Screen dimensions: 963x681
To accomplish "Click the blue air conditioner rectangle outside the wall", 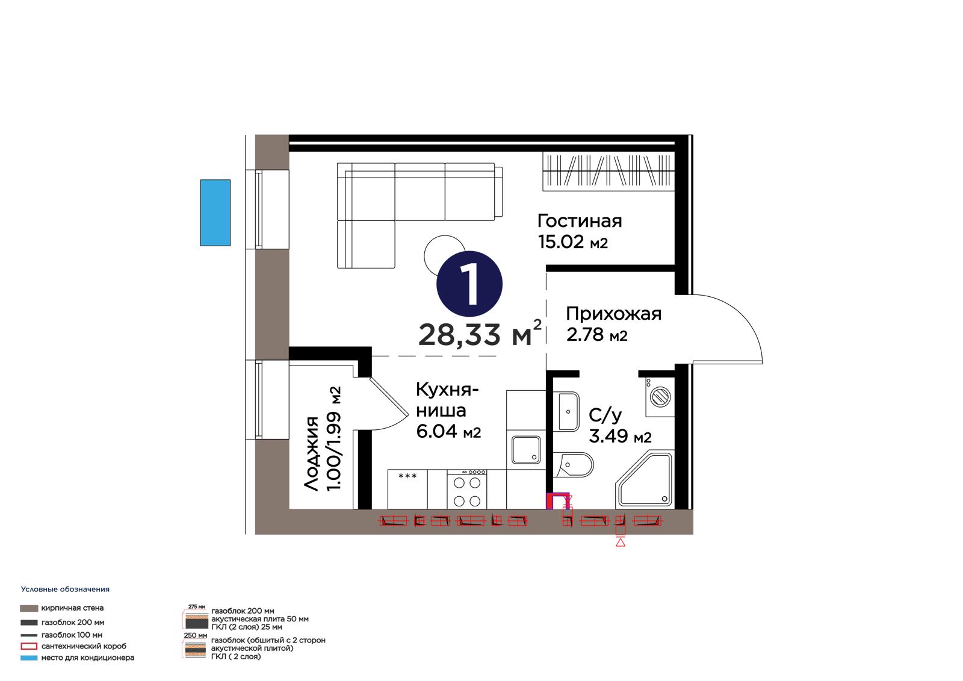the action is point(215,213).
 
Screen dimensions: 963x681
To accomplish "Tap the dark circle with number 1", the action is point(469,284).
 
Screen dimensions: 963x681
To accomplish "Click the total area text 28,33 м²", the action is point(480,333).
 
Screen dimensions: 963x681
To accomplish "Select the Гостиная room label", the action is point(580,221).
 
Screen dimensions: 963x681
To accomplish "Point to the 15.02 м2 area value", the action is point(572,242).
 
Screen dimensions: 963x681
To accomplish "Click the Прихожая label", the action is point(613,314).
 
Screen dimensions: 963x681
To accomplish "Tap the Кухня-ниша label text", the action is point(447,400).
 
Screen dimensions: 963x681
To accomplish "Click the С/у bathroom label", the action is point(605,415).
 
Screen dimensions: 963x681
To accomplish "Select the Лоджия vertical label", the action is point(311,453).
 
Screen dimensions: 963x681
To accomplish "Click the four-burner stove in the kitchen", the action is point(467,489).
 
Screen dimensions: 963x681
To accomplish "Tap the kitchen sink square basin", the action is point(526,450).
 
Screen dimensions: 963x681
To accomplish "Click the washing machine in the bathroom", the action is point(660,397).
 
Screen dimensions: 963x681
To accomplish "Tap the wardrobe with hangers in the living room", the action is point(608,171).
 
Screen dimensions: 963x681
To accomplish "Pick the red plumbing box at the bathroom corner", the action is point(557,501).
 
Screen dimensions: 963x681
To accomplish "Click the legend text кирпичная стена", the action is point(72,608).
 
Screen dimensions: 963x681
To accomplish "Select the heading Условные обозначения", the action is point(65,589).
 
